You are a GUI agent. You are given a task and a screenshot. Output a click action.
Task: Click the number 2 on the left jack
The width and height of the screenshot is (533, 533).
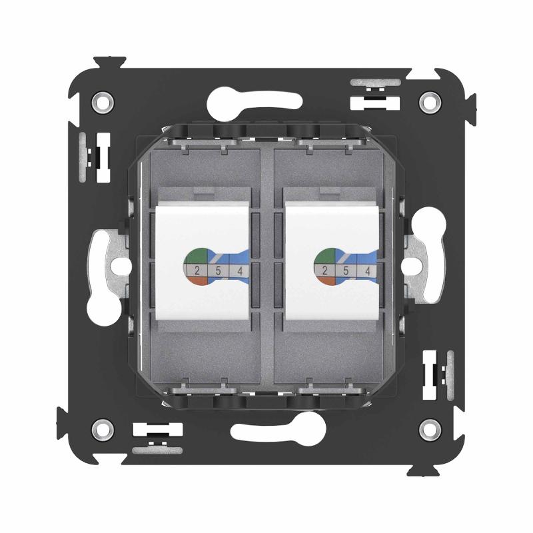[197, 271]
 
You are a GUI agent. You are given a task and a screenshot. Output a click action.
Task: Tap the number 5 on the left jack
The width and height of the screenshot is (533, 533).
[219, 271]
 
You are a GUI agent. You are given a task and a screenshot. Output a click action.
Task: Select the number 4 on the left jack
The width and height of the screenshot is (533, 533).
[240, 271]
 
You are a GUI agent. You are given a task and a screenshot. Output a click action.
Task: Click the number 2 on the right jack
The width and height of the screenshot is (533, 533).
[325, 271]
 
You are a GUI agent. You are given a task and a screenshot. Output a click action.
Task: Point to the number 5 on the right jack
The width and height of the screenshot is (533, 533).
[346, 271]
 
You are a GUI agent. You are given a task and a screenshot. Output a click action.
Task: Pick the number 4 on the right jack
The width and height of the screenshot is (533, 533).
[368, 271]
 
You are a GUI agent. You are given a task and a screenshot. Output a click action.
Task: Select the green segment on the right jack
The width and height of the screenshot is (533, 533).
[324, 257]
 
